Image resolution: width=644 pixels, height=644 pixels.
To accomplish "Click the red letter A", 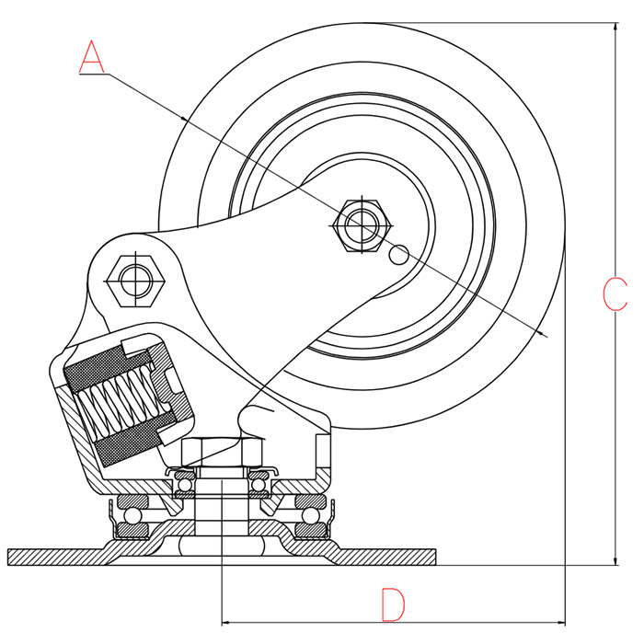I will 92,56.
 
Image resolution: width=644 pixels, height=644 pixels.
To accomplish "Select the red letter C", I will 614,293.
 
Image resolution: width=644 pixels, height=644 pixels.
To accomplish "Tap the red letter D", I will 393,604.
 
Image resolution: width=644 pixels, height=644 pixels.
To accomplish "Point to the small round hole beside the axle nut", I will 399,254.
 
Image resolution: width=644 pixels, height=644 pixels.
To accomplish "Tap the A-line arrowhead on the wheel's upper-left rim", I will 186,119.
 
